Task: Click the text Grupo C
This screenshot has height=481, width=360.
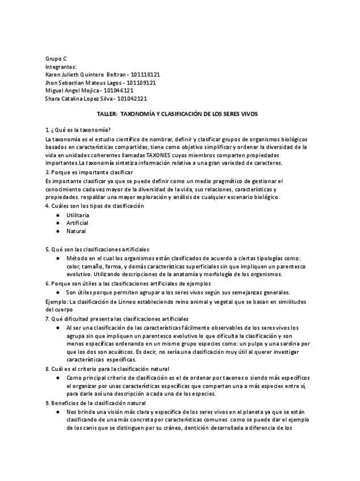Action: click(56, 58)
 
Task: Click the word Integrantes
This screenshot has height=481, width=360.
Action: click(60, 66)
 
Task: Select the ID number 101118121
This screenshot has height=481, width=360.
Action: click(145, 74)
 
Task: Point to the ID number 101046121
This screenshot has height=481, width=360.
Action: click(118, 90)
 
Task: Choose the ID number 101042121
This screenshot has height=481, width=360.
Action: click(132, 98)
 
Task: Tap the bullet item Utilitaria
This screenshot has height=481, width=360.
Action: click(78, 216)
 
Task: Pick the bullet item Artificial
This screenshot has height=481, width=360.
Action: click(77, 223)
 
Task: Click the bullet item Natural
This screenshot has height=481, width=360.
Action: click(76, 231)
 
